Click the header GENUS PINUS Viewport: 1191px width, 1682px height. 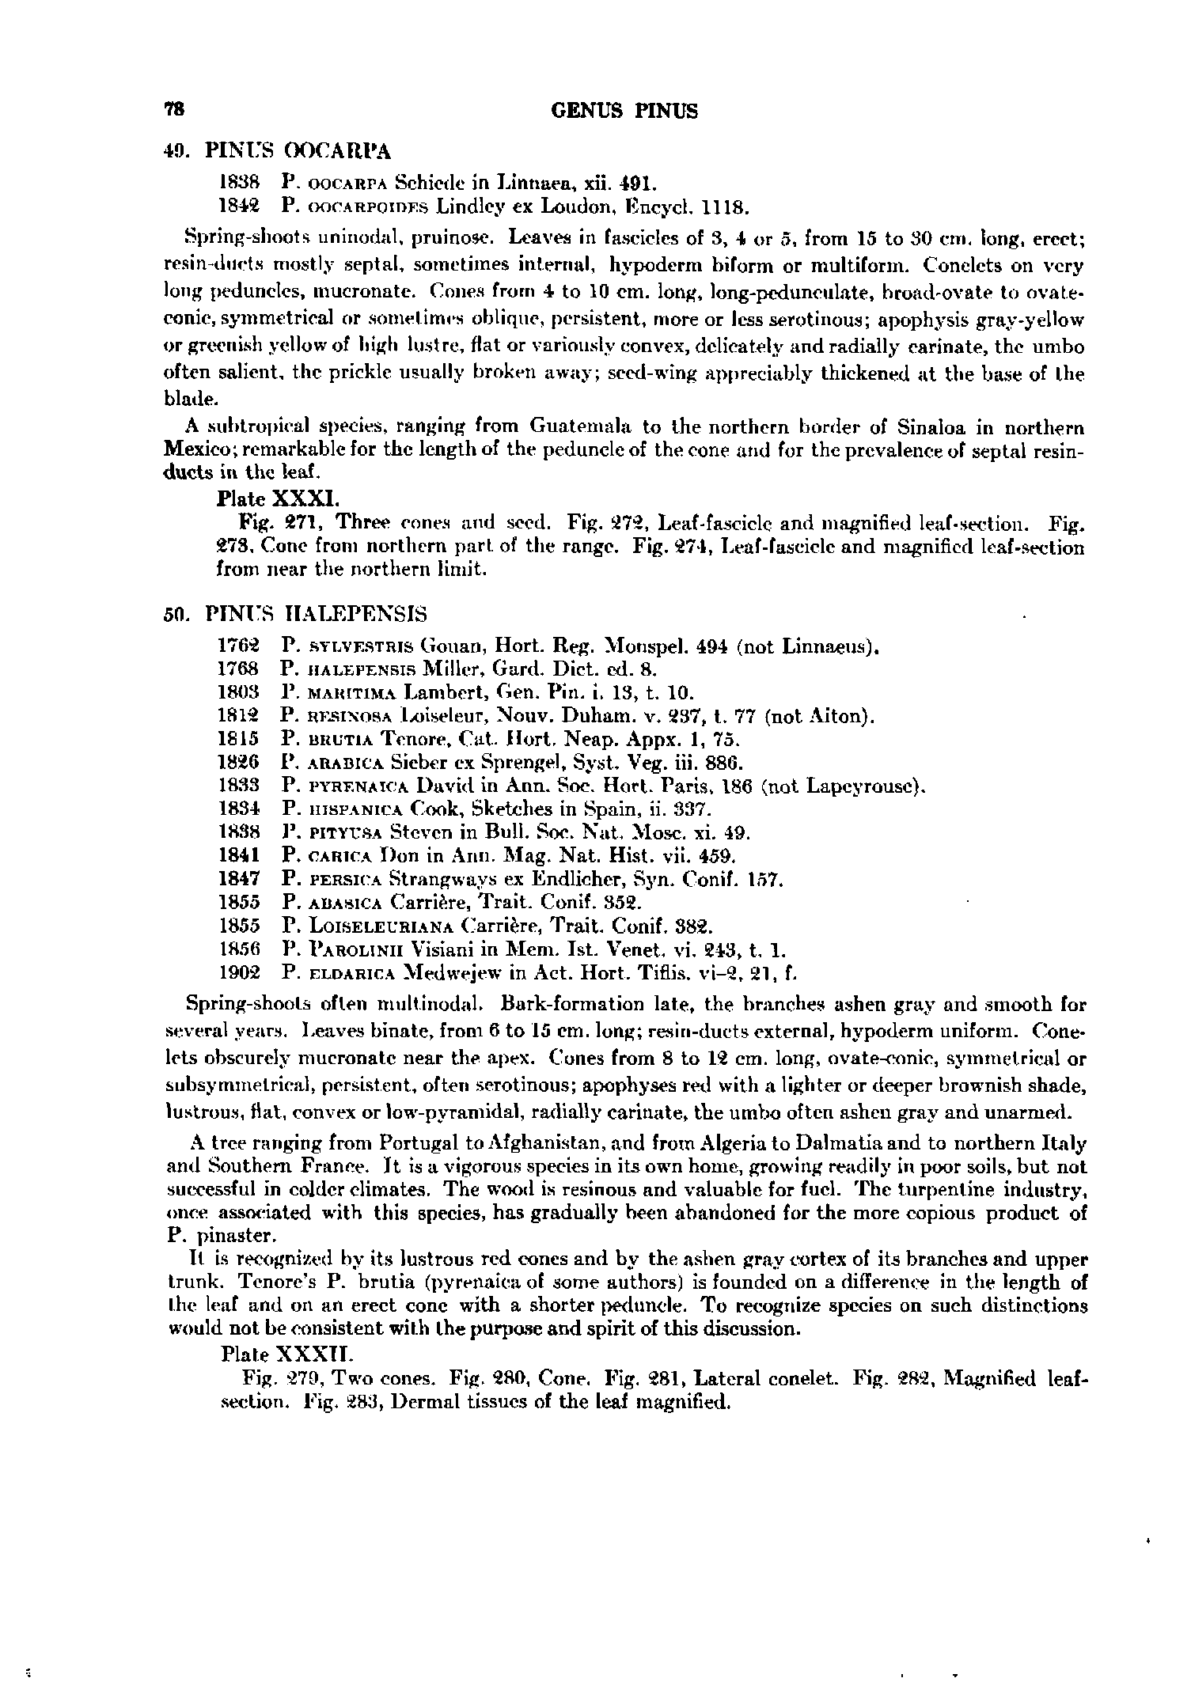pos(624,111)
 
